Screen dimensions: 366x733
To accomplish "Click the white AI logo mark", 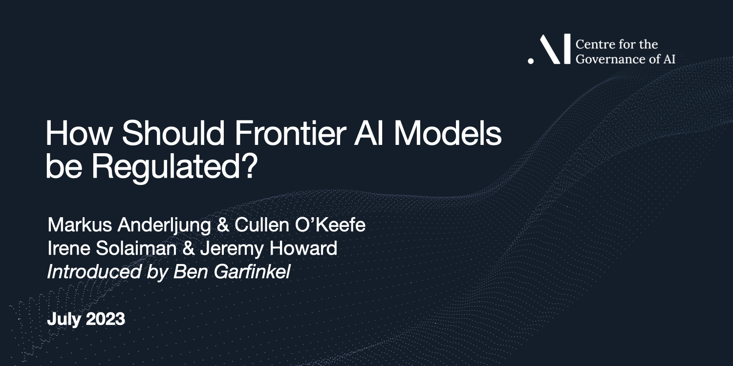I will (549, 50).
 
